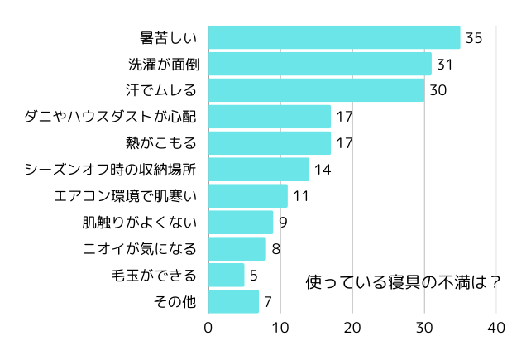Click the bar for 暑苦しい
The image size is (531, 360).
click(x=334, y=38)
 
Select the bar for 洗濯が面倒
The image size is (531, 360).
click(x=319, y=65)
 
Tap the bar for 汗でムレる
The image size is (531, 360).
click(x=316, y=90)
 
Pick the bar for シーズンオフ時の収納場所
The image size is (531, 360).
click(x=259, y=170)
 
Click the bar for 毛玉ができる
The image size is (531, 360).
click(x=227, y=275)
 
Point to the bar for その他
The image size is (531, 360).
click(x=233, y=301)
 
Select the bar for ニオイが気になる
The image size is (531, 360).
click(x=237, y=248)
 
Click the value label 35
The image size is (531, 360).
click(x=474, y=38)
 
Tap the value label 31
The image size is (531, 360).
click(x=445, y=65)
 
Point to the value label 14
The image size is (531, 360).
click(x=323, y=170)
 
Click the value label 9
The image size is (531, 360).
click(x=283, y=223)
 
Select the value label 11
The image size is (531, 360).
click(x=300, y=196)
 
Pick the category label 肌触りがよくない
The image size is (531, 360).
click(x=139, y=223)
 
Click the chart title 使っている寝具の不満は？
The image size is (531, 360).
click(x=403, y=281)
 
